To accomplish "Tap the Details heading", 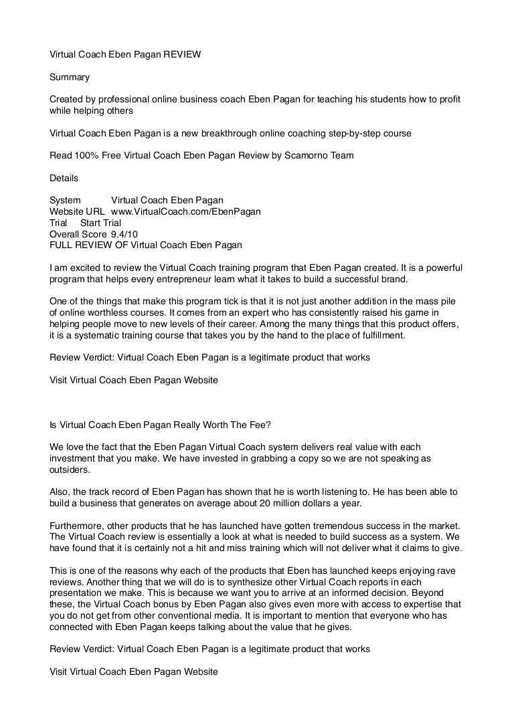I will (64, 178).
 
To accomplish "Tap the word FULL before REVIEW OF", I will (62, 245).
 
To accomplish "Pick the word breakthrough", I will (216, 133).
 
